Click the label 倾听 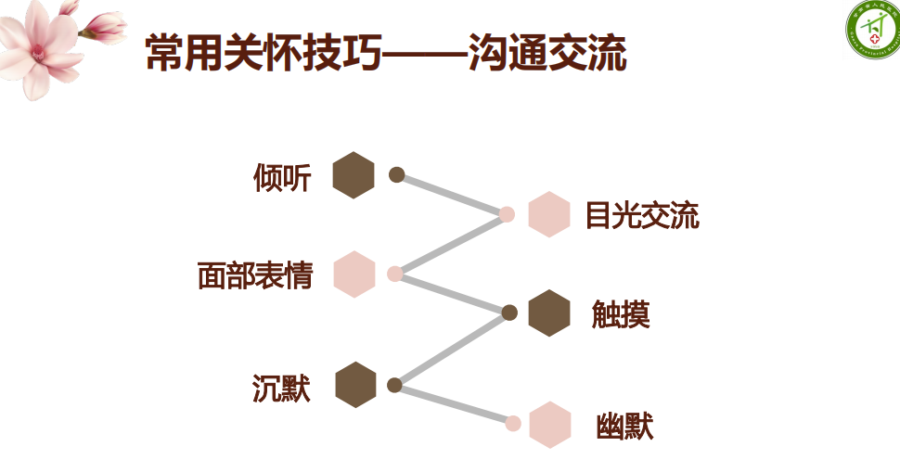282,177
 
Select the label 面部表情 255,275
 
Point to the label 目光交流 641,216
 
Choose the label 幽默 624,427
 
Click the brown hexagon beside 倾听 354,175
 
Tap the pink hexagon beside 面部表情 354,274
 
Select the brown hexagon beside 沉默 355,385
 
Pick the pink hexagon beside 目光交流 548,214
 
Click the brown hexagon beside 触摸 548,313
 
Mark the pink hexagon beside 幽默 549,425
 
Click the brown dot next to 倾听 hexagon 397,174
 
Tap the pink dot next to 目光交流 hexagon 507,214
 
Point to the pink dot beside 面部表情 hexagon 395,274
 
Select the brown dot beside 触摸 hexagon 508,313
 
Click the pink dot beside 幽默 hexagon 513,423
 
